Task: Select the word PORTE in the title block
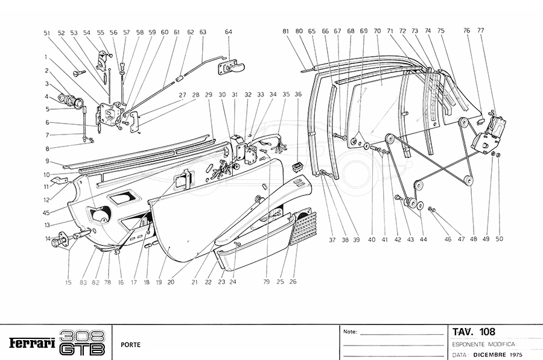(131, 346)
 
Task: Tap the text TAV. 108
(474, 332)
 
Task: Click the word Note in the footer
(350, 332)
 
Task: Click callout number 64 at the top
(229, 32)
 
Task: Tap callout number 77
(481, 30)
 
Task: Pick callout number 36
(298, 95)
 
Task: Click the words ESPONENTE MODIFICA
(483, 344)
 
